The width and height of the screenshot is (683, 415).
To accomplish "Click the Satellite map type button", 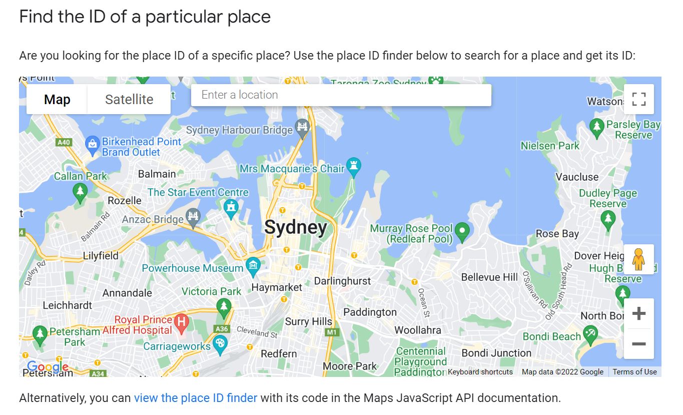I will pos(129,100).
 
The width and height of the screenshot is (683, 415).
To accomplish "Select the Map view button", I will pos(57,100).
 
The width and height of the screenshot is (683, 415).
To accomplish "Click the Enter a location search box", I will pos(341,95).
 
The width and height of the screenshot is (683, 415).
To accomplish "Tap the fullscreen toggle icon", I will pos(639,99).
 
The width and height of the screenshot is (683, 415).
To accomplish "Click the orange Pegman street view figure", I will pos(638,259).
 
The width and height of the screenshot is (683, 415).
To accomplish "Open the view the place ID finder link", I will pos(196,398).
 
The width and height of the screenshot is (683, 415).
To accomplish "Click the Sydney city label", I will pos(296,227).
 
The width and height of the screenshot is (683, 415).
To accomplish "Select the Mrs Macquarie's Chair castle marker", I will pos(354,166).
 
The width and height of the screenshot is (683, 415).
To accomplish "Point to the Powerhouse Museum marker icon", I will pos(253,265).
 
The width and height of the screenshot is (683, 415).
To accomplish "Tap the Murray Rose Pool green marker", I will pos(463,231).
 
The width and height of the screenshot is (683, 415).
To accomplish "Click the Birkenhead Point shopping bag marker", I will pos(93,144).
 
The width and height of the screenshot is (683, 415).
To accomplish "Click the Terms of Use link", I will pos(634,372).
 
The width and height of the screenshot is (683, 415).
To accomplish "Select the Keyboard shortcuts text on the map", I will pos(480,372).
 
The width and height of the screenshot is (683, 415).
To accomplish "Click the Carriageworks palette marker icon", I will pos(220,344).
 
